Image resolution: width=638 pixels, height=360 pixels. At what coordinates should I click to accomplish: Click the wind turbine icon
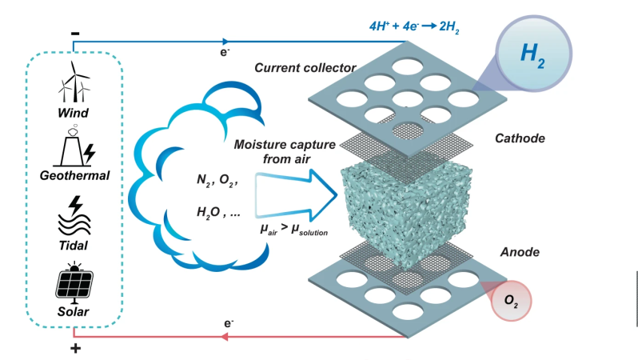coord(74,82)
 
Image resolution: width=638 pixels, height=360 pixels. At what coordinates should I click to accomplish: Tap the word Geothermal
coord(74,175)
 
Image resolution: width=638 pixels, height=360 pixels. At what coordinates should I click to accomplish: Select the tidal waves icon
coord(74,216)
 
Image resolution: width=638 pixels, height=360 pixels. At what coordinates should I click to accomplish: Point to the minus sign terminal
coord(75,34)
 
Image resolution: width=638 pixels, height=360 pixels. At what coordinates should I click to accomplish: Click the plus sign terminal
coord(75,348)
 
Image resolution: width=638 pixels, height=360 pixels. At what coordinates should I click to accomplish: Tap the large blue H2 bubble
coord(533,54)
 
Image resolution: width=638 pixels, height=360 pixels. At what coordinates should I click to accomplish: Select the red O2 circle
coord(511,301)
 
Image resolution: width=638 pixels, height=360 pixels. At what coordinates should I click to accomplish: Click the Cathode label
coord(520,138)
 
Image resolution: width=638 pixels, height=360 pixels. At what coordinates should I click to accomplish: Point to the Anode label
coord(520,252)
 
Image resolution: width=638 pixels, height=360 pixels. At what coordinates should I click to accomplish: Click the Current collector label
coord(305,68)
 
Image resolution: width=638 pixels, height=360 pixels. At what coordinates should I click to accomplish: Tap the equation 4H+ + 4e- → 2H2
coord(414,27)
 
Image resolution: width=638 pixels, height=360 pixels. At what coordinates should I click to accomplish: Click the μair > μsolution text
coord(293,230)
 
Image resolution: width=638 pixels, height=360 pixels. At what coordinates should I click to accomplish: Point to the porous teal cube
coord(407,214)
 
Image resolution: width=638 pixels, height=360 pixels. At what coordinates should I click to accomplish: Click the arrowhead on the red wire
coord(224,337)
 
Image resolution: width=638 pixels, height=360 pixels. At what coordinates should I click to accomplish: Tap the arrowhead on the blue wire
coord(225,42)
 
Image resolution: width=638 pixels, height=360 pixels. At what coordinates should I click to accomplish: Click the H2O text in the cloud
coord(209,213)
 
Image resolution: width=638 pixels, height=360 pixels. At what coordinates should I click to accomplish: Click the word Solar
coord(74,311)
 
